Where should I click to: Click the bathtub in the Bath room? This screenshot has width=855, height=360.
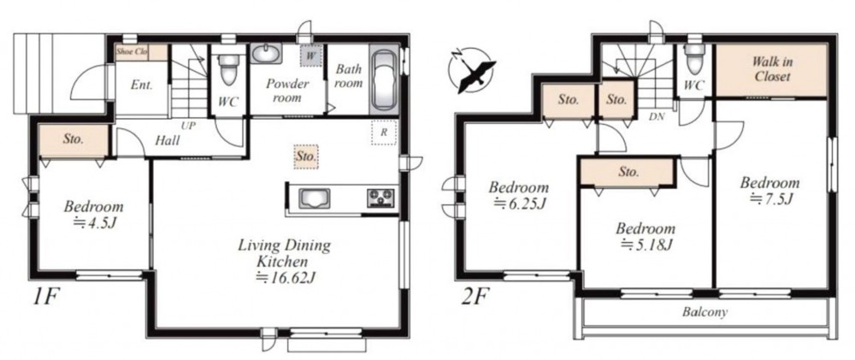[x=385, y=80]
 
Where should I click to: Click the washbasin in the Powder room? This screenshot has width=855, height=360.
[x=267, y=55]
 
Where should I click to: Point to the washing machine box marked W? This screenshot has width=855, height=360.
[x=310, y=56]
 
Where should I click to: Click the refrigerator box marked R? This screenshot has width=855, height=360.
[x=384, y=133]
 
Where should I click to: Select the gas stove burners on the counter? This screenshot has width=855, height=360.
[x=380, y=198]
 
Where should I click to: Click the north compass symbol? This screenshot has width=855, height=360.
[x=471, y=69]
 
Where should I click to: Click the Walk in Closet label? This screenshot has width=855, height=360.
[x=771, y=68]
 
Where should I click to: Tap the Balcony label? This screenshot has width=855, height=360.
[x=705, y=313]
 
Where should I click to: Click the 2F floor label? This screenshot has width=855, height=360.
[x=475, y=298]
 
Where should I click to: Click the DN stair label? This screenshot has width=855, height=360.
[x=657, y=116]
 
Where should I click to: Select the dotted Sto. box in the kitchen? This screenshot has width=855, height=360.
[x=306, y=156]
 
